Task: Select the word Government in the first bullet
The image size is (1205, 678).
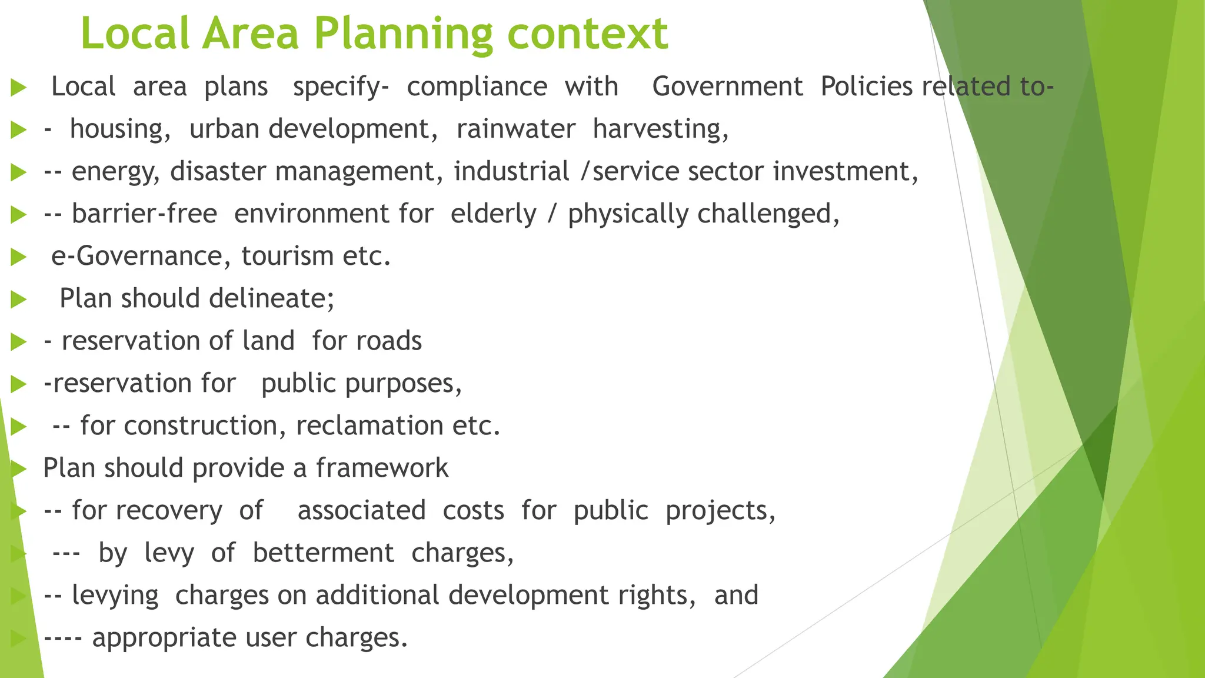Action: coord(727,87)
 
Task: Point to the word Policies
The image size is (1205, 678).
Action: coord(866,87)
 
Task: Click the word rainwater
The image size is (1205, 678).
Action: coord(515,129)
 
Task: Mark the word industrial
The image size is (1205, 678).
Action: coord(511,171)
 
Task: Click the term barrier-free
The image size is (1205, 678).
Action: coord(144,214)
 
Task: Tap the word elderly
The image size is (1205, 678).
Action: coord(493,214)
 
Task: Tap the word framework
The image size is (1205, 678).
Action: coord(382,468)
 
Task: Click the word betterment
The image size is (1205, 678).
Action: coord(323,553)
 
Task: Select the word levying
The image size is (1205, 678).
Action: coord(115,595)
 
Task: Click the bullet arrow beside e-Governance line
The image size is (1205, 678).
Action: coord(19,257)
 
